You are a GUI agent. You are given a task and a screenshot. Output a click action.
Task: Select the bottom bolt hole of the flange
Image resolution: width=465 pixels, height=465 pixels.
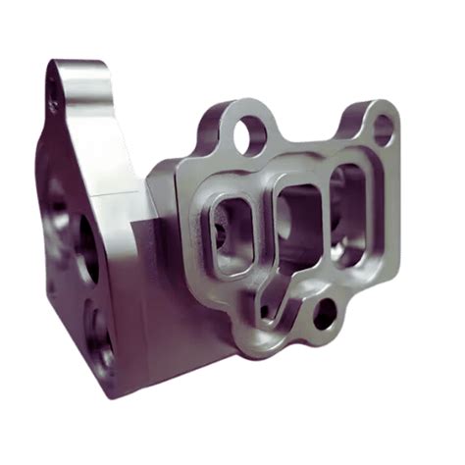(x=324, y=314)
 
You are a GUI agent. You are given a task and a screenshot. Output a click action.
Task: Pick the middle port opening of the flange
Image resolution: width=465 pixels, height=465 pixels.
(x=292, y=222)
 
